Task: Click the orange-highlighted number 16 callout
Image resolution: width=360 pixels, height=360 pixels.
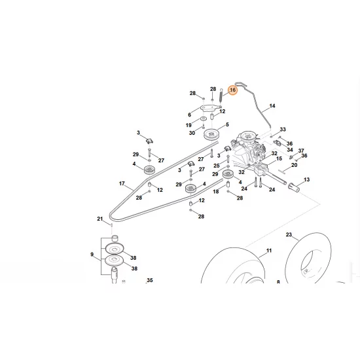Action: click(x=232, y=90)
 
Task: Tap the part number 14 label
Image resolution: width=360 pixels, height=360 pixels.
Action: click(x=272, y=106)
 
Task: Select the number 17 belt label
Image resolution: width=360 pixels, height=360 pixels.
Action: click(x=122, y=183)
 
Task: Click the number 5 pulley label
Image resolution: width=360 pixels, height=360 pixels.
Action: click(x=227, y=124)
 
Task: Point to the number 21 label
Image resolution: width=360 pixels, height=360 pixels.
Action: click(x=100, y=219)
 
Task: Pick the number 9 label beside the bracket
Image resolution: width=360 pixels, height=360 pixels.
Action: click(x=92, y=255)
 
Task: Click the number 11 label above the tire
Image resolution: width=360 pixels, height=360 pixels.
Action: click(x=269, y=251)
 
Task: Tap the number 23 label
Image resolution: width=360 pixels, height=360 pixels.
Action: click(x=289, y=234)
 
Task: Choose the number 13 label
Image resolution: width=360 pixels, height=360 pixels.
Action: click(x=307, y=179)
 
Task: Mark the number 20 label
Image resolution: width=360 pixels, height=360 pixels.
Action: click(x=294, y=165)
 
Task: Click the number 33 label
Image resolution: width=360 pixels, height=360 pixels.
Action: click(x=283, y=129)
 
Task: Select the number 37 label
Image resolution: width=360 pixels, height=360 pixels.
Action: click(x=301, y=151)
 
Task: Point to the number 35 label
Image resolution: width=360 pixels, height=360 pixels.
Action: click(x=150, y=280)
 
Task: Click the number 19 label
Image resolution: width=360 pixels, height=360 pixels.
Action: click(x=189, y=125)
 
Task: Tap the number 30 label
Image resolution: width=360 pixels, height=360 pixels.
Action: click(x=192, y=133)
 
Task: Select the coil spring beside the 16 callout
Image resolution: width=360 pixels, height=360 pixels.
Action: click(x=221, y=96)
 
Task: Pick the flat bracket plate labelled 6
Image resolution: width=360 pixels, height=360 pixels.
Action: click(x=210, y=108)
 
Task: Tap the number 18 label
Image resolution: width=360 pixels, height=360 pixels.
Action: click(x=216, y=191)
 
